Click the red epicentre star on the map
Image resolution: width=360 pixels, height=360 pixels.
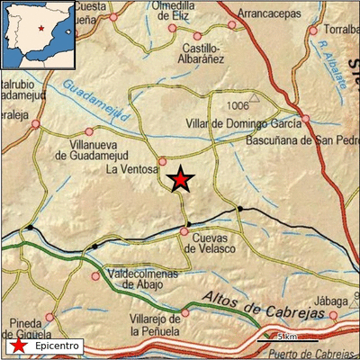coord(181,179)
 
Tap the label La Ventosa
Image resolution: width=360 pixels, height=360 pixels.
coord(131,168)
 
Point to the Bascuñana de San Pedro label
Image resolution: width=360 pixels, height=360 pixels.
coord(301,140)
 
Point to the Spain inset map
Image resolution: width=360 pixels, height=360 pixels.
coord(38,34)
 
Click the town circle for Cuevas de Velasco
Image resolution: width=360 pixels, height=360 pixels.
coord(184,231)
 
